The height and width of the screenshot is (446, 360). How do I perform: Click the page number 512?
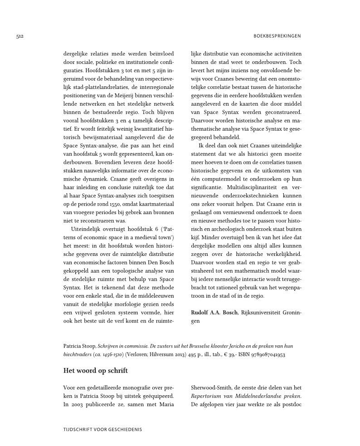coord(19,35)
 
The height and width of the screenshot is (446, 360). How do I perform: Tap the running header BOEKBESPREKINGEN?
coord(276,35)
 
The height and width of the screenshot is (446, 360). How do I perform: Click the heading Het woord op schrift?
coord(95,371)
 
